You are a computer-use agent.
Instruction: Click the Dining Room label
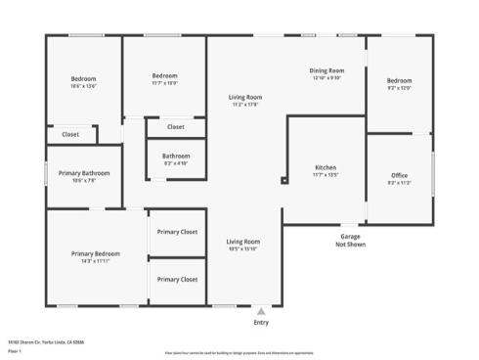point(327,70)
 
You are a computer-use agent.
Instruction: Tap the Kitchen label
point(326,167)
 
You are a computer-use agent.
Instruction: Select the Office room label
point(399,175)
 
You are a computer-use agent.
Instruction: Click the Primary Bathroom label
point(83,173)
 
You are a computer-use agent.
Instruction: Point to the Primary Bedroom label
point(95,253)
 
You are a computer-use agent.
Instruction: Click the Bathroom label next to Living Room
point(176,156)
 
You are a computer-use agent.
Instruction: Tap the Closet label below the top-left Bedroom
point(70,134)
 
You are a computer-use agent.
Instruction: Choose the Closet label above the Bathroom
point(176,127)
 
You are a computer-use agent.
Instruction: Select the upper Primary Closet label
point(178,232)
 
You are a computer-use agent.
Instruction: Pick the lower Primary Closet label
point(178,279)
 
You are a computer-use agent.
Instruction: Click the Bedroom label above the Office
point(399,80)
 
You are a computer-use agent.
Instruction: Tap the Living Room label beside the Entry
point(243,242)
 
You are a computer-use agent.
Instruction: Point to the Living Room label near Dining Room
point(245,97)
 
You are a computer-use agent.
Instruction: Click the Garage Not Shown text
point(350,240)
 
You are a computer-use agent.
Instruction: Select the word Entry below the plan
point(261,323)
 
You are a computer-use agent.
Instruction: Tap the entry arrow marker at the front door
point(261,310)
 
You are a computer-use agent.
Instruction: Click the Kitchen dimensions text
point(326,175)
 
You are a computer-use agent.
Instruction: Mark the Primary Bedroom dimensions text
point(95,261)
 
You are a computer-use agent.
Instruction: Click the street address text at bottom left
point(32,341)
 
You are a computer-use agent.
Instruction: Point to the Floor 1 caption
point(14,350)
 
